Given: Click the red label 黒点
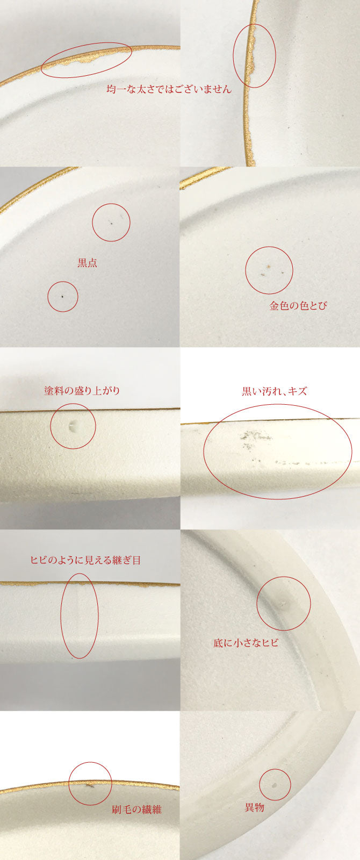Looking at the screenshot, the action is [87, 263].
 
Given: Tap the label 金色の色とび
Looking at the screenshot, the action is [298, 306].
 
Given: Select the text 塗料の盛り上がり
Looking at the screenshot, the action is [82, 391].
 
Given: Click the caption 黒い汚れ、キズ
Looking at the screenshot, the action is [275, 391].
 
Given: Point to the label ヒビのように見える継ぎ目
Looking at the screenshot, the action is [85, 560].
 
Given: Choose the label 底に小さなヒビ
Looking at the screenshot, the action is [246, 643].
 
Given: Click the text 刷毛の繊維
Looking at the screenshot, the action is [136, 809].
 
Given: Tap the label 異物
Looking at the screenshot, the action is [255, 807].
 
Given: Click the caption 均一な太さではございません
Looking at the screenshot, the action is [169, 89].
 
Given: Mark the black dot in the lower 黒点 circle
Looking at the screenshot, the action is [62, 296].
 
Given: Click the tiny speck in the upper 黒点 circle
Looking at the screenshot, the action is [111, 222].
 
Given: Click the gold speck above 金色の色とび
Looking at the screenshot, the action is [269, 267].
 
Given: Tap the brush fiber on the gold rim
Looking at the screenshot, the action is [90, 785].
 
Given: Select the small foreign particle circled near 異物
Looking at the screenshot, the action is [274, 784].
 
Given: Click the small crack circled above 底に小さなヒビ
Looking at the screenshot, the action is [283, 604].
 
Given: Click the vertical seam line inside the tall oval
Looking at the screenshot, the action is [80, 614].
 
